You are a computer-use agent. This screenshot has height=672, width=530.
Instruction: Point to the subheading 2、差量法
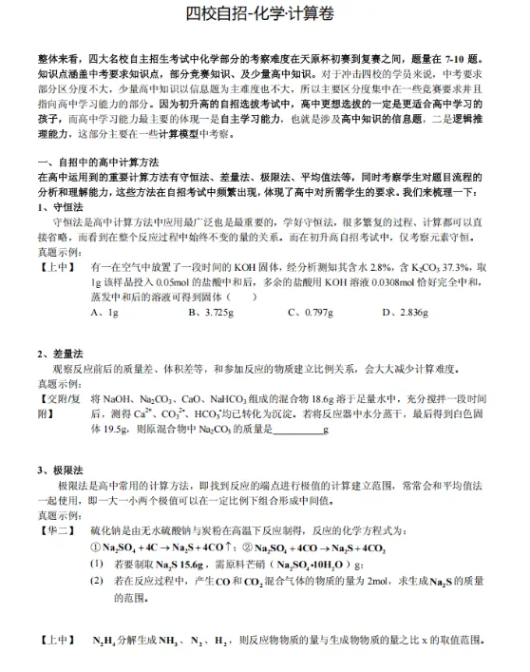point(59,355)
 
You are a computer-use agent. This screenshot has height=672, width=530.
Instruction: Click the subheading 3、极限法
point(59,471)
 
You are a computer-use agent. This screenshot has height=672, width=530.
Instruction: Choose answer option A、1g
point(104,310)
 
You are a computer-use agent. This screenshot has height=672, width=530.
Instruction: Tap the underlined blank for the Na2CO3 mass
point(295,430)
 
